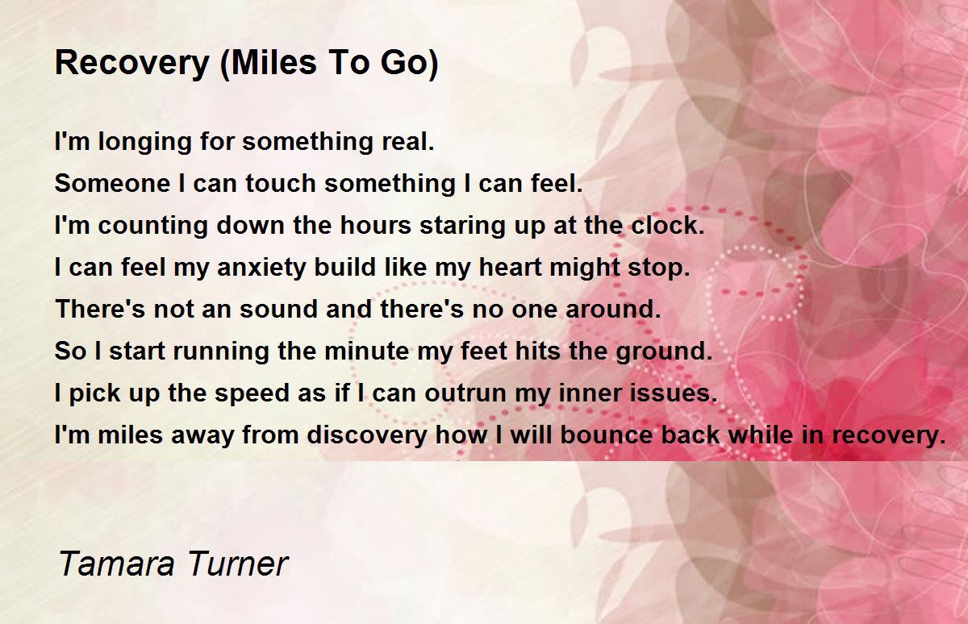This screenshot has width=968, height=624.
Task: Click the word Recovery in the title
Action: click(x=132, y=64)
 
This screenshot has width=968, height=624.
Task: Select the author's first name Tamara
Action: click(x=116, y=564)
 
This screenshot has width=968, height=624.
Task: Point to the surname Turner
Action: click(x=238, y=564)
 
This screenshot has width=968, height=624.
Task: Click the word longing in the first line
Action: click(x=144, y=143)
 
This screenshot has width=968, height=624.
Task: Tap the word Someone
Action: click(x=112, y=184)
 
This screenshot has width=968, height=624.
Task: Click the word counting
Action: click(x=152, y=227)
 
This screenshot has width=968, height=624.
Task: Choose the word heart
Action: click(x=510, y=268)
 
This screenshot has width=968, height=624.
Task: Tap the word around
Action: click(x=613, y=310)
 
